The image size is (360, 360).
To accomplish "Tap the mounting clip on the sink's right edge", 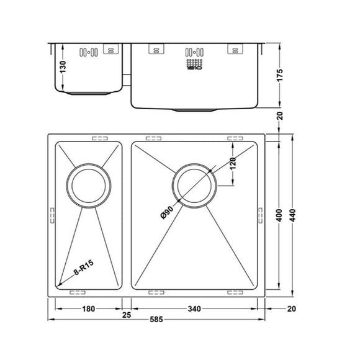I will click(x=260, y=213).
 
